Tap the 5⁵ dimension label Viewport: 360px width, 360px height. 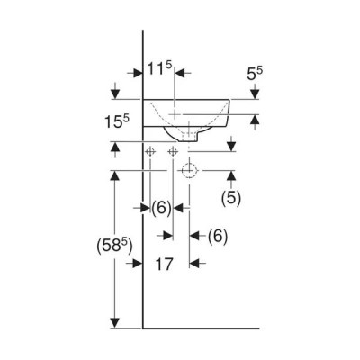click(x=255, y=73)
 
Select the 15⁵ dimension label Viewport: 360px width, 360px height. click(x=117, y=121)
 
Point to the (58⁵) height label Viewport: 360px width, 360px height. click(x=114, y=247)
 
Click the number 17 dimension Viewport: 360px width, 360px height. click(x=165, y=264)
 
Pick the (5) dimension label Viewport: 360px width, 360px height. click(x=231, y=198)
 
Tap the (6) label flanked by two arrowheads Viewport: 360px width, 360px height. click(x=161, y=208)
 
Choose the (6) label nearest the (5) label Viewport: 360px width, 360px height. click(x=218, y=237)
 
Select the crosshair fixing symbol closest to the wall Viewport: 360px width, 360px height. click(x=150, y=152)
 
